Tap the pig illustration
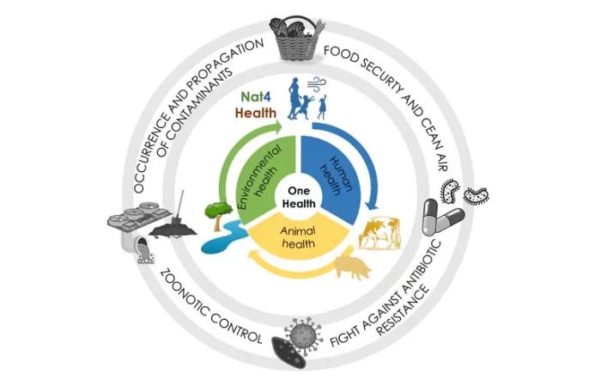point(355,267)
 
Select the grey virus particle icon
point(302,332)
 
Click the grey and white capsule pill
point(443,216)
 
